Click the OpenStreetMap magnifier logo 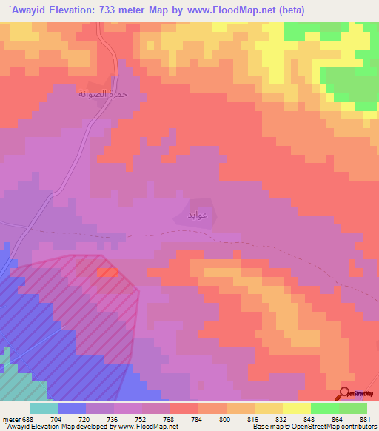coord(345,393)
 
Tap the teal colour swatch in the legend coord(44,408)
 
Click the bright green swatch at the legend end coord(353,408)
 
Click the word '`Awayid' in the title coord(29,10)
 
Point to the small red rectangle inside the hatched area coord(107,273)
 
